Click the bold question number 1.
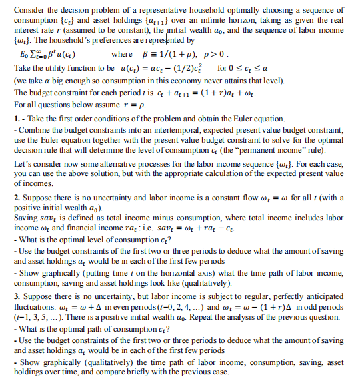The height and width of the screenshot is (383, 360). click(16, 119)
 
